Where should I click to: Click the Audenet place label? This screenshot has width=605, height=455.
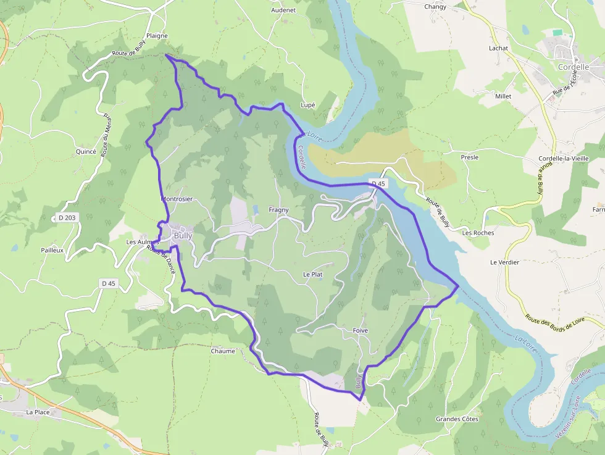tap(283, 10)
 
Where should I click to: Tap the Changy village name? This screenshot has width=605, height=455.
tap(435, 7)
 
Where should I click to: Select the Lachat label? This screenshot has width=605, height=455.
tap(498, 48)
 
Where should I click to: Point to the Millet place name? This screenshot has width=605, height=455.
tap(503, 96)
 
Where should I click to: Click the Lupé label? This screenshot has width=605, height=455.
tap(307, 105)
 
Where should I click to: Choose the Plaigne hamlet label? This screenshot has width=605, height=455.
tap(157, 36)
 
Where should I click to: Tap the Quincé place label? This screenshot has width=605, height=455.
tap(85, 151)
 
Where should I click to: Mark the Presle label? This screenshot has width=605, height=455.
tap(469, 157)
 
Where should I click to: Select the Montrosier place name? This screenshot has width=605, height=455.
tap(177, 199)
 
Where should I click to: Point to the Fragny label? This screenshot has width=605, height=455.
tap(278, 210)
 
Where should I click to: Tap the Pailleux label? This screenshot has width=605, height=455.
tap(52, 250)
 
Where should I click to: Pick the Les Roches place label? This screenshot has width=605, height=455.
tap(478, 233)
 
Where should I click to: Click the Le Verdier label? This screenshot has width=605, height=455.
tap(504, 262)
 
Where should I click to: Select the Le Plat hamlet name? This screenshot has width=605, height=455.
tap(312, 274)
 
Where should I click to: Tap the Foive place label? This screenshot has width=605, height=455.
tap(360, 331)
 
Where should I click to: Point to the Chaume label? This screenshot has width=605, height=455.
tap(223, 351)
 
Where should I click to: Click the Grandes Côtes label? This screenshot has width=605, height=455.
tap(457, 419)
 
